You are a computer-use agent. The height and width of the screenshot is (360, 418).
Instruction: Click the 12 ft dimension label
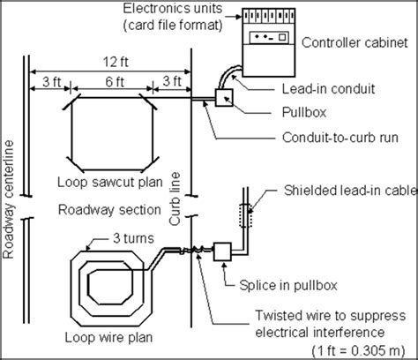(116, 62)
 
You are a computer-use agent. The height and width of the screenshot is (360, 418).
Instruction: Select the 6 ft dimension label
(115, 81)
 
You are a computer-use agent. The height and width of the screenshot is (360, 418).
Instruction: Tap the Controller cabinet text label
(355, 42)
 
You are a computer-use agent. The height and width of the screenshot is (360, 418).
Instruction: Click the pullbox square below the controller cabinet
(224, 97)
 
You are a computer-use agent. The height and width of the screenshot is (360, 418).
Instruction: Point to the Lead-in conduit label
(328, 89)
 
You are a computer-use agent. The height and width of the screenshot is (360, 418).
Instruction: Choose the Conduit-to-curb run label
(340, 138)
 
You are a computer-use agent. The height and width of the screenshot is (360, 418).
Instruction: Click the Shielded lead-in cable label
(350, 191)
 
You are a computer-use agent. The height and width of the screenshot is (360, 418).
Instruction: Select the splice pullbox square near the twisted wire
(222, 251)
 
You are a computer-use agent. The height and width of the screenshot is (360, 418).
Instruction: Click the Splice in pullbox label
(288, 285)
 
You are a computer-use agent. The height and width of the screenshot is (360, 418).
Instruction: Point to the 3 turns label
(133, 238)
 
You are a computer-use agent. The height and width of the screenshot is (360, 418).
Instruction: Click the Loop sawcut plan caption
(110, 182)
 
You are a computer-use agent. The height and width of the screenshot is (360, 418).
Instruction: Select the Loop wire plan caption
(108, 337)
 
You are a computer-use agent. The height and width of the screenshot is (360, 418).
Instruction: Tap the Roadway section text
(109, 210)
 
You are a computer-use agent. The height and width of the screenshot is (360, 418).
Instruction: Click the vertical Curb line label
(175, 199)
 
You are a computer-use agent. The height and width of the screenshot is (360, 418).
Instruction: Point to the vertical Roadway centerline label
(9, 199)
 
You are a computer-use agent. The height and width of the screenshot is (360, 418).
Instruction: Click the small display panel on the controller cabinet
(269, 37)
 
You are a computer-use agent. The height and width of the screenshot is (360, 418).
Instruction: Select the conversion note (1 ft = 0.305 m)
(358, 350)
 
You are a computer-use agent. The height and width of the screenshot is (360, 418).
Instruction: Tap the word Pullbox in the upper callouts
(304, 112)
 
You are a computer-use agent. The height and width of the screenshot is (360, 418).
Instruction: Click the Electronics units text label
(173, 8)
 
